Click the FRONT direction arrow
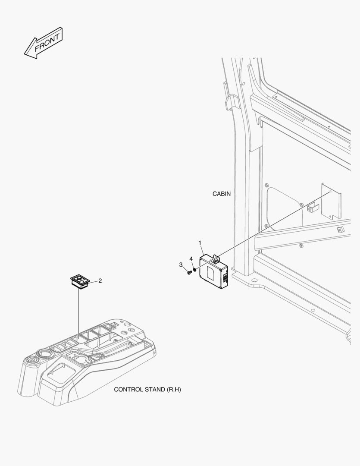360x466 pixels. tap(43, 43)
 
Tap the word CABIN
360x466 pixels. tap(221, 194)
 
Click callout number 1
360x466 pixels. tap(200, 243)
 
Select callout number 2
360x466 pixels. tap(100, 280)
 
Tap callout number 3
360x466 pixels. tap(181, 265)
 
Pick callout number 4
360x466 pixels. tap(191, 259)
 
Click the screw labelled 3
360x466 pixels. tap(189, 272)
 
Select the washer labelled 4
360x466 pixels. tap(195, 269)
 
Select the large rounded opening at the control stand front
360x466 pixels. tap(61, 372)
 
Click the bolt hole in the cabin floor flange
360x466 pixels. tap(254, 280)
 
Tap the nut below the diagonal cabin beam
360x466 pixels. tap(301, 246)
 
